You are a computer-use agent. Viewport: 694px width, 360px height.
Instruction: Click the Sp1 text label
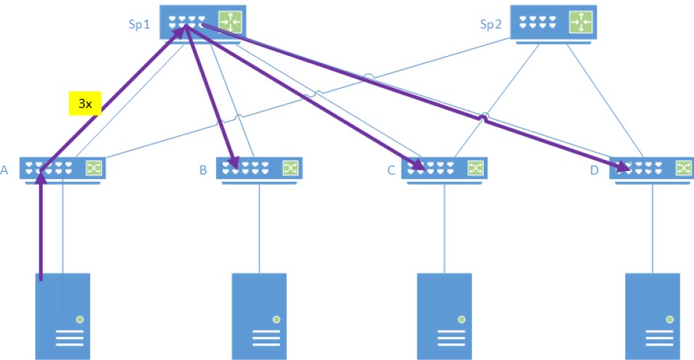point(139,24)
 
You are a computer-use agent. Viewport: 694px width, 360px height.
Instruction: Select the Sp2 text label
point(491,24)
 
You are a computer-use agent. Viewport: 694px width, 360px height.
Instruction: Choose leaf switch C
point(444,169)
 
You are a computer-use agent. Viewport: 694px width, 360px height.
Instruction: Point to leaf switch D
point(651,169)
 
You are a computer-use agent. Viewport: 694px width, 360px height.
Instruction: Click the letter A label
point(5,171)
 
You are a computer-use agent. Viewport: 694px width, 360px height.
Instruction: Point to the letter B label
point(203,171)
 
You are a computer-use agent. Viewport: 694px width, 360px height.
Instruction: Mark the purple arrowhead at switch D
point(623,168)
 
